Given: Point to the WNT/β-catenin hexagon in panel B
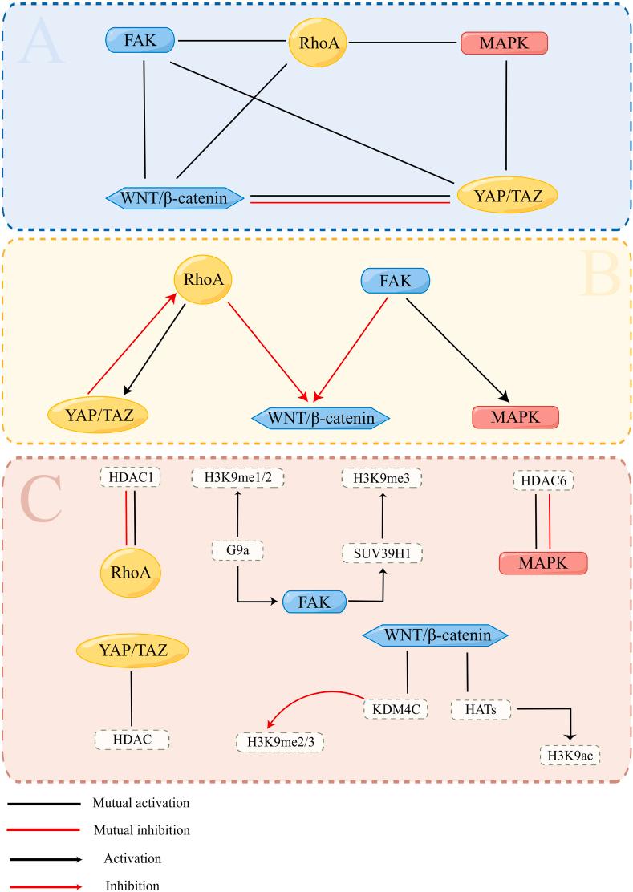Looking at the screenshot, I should click(x=321, y=417).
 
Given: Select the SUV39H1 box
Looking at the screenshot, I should click(x=383, y=553).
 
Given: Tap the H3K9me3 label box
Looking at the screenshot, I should click(x=382, y=478).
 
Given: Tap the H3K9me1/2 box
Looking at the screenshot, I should click(x=238, y=478).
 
